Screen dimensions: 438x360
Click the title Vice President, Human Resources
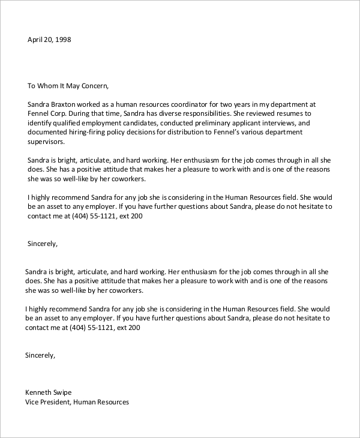[77, 402]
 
